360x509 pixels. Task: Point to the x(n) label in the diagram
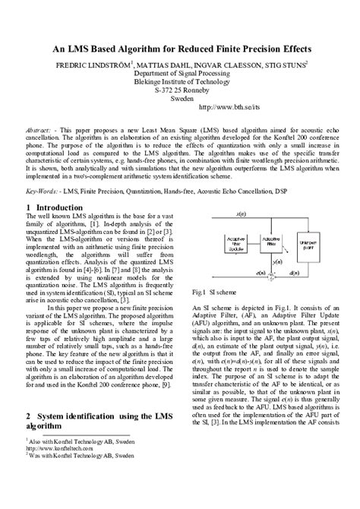262,215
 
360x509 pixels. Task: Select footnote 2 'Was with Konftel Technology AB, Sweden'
82,476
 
